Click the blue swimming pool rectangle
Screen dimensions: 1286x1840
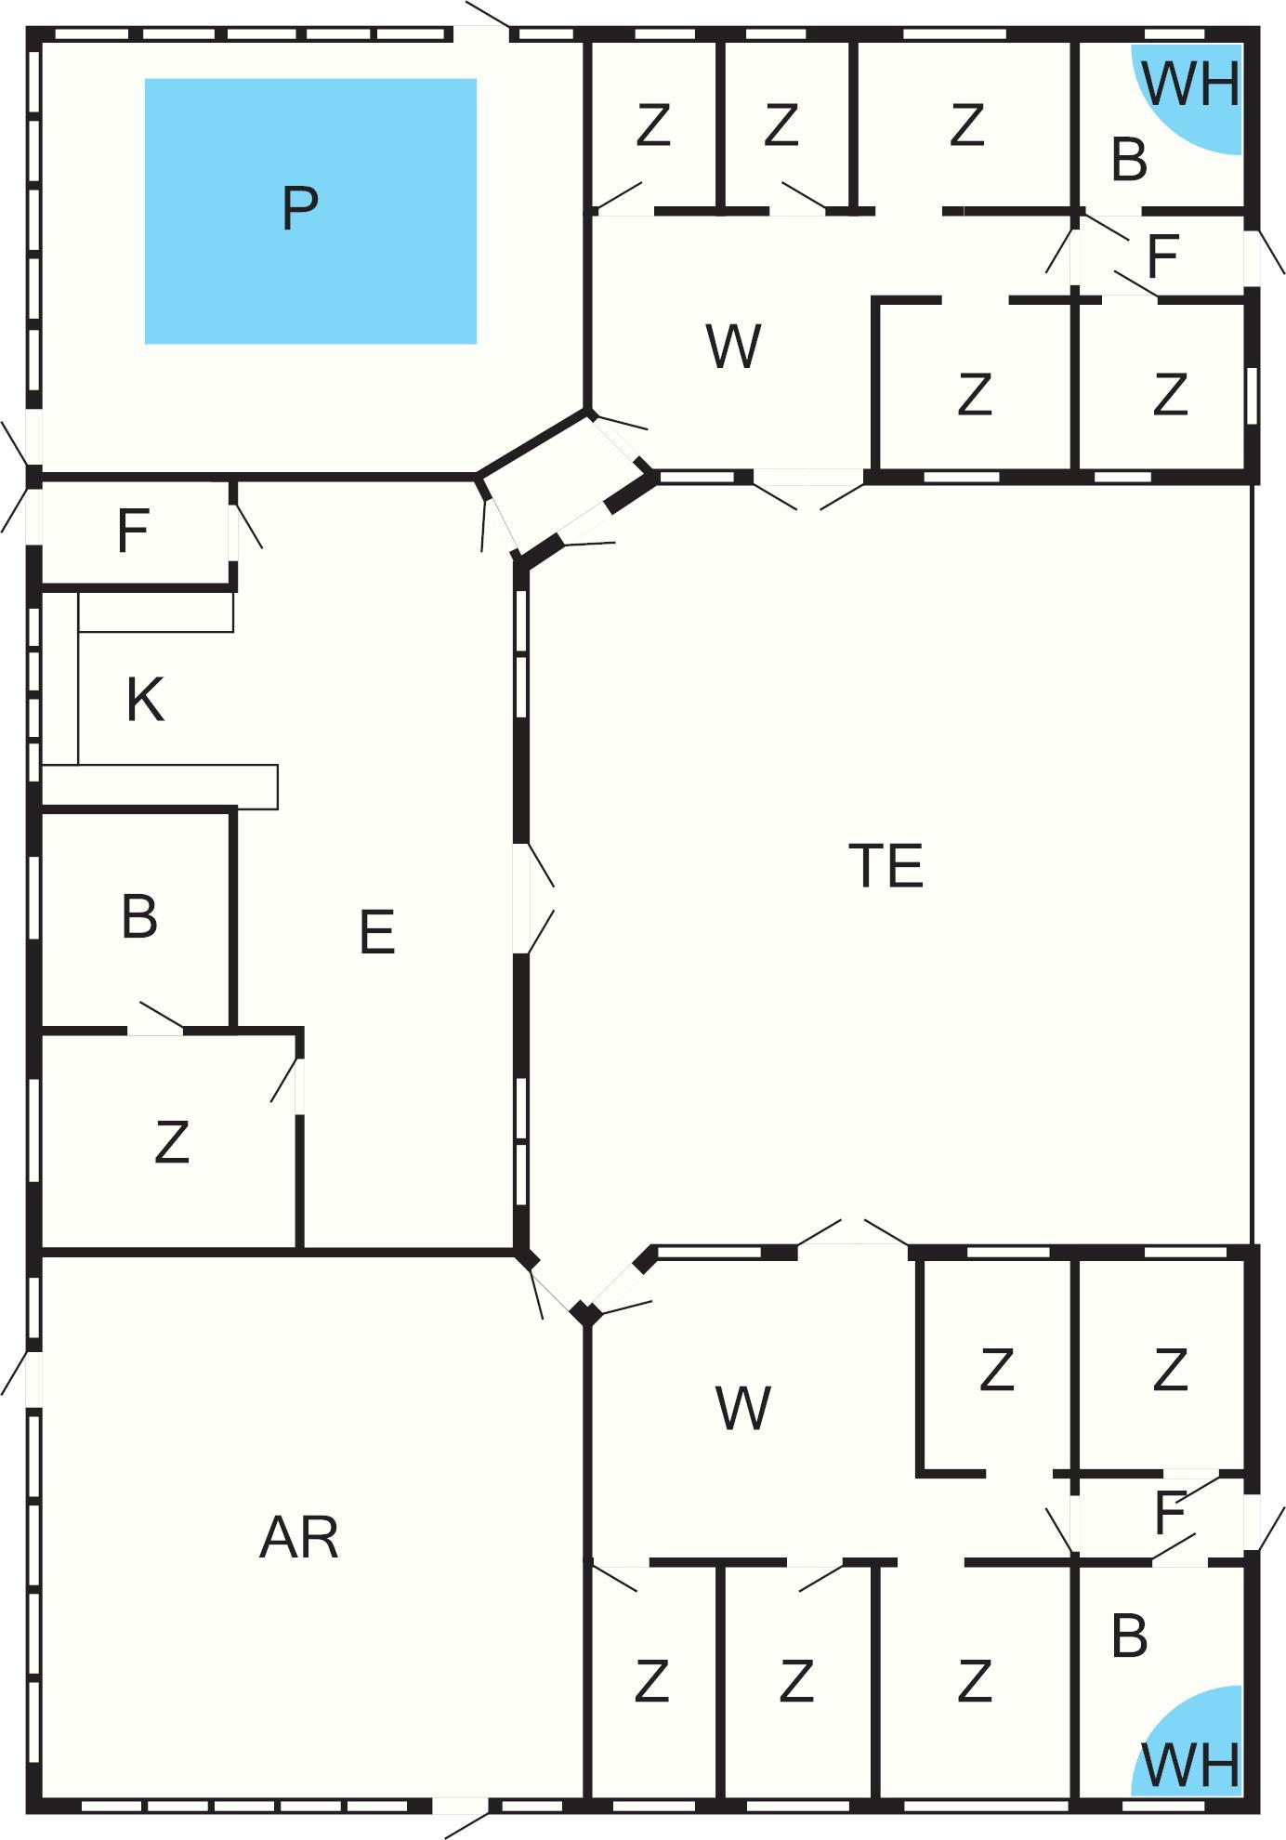pos(310,211)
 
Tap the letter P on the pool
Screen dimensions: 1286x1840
pos(299,208)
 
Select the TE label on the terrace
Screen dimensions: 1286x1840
pos(886,865)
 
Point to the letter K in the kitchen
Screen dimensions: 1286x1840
pos(145,700)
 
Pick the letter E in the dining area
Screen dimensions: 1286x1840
pos(376,932)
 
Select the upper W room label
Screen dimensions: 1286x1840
pos(734,346)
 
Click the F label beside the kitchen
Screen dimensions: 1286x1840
pos(133,532)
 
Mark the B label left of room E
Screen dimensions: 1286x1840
pos(139,916)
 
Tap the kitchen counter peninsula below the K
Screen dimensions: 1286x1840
pos(160,786)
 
